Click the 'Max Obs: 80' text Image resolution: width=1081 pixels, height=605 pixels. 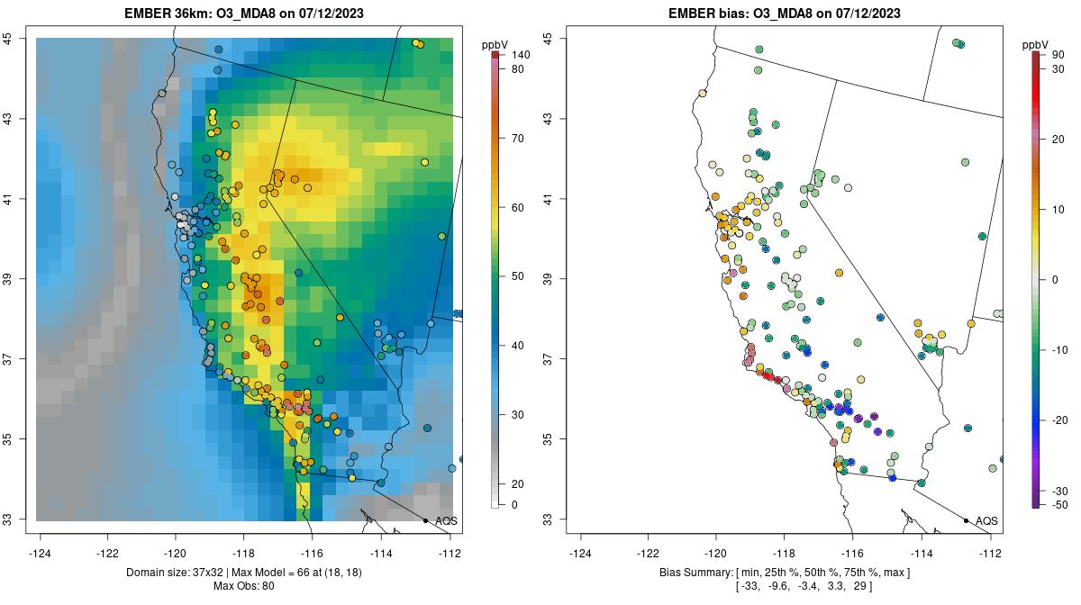[x=243, y=586]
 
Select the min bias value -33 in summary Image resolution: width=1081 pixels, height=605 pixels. [x=748, y=586]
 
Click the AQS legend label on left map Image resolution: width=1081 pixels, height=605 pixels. [x=446, y=520]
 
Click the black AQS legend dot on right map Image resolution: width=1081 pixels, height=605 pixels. [x=965, y=520]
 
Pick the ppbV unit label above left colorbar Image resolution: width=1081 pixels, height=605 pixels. [x=495, y=44]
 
